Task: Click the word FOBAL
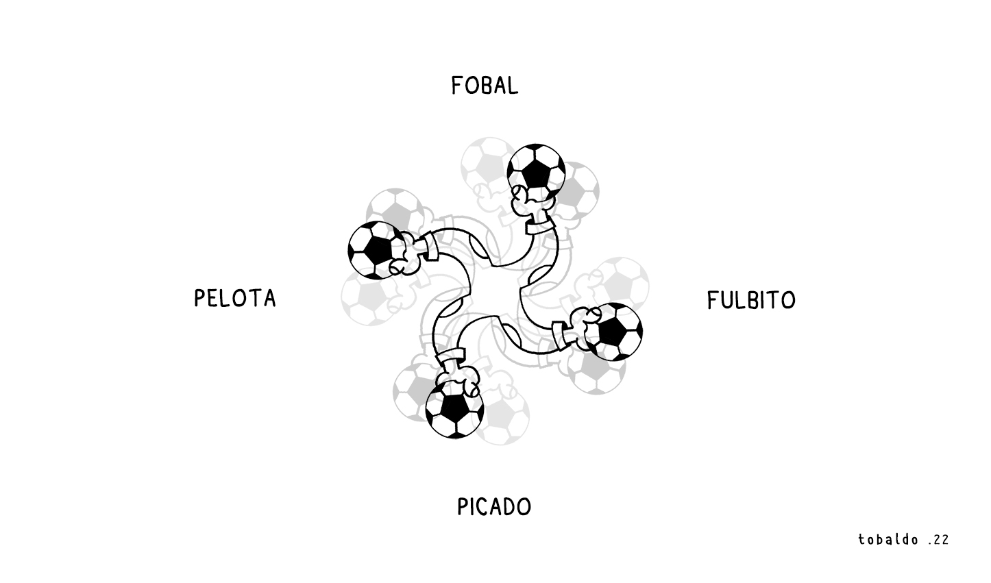pyautogui.click(x=485, y=86)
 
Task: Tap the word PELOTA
pyautogui.click(x=235, y=298)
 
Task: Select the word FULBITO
pyautogui.click(x=751, y=300)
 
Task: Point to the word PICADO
pyautogui.click(x=493, y=507)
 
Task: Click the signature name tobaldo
pyautogui.click(x=888, y=539)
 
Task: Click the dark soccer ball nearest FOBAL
pyautogui.click(x=536, y=172)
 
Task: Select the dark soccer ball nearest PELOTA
pyautogui.click(x=376, y=250)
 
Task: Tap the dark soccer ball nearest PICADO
pyautogui.click(x=454, y=410)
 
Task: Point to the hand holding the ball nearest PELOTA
pyautogui.click(x=406, y=256)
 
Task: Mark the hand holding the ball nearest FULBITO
pyautogui.click(x=583, y=327)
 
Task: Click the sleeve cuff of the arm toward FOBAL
pyautogui.click(x=541, y=227)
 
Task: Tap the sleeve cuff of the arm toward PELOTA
pyautogui.click(x=428, y=246)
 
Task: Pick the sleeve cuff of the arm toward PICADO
pyautogui.click(x=450, y=355)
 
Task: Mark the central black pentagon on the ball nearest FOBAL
pyautogui.click(x=536, y=173)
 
